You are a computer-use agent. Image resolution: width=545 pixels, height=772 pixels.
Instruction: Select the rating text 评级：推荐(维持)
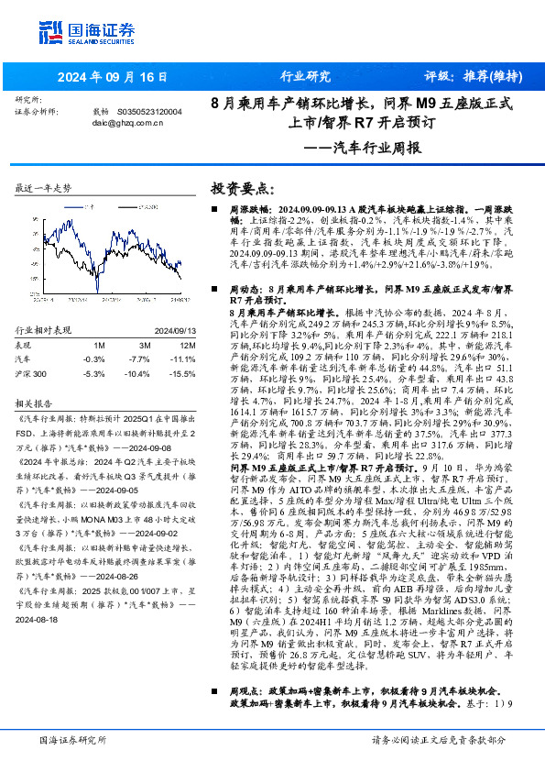(473, 77)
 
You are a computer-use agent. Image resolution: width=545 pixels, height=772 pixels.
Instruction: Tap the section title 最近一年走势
(43, 187)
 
